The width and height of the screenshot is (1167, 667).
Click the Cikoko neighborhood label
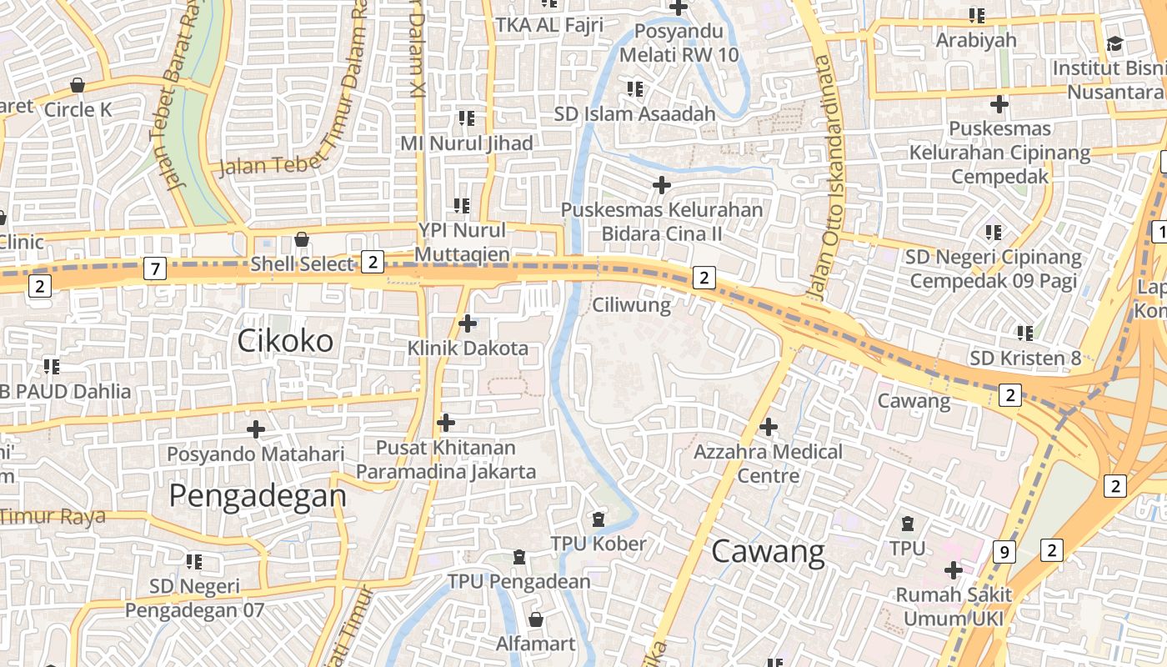[x=285, y=340]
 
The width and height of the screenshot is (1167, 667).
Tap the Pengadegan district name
[x=257, y=495]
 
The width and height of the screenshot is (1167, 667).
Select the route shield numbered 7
[x=154, y=268]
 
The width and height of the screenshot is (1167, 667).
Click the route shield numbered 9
[x=1005, y=551]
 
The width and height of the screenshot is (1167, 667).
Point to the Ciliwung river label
[x=631, y=305]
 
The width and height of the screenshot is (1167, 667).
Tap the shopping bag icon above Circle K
[x=78, y=85]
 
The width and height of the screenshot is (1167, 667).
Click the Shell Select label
[x=302, y=264]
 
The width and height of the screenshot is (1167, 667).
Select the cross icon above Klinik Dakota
[x=468, y=323]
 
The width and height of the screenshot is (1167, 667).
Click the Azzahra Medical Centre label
[x=769, y=464]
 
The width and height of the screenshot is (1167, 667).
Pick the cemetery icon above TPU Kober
[x=598, y=519]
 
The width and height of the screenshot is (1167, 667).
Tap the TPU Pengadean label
[x=518, y=581]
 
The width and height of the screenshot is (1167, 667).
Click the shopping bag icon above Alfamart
[x=535, y=619]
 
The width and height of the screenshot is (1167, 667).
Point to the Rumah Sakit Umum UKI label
[x=954, y=607]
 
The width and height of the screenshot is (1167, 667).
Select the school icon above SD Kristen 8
[x=1024, y=333]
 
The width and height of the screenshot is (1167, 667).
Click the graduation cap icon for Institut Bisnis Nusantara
[x=1114, y=43]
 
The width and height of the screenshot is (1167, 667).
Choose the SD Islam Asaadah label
[x=634, y=113]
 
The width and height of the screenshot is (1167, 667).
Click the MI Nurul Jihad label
[x=466, y=143]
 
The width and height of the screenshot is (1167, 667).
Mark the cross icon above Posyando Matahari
[x=256, y=429]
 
